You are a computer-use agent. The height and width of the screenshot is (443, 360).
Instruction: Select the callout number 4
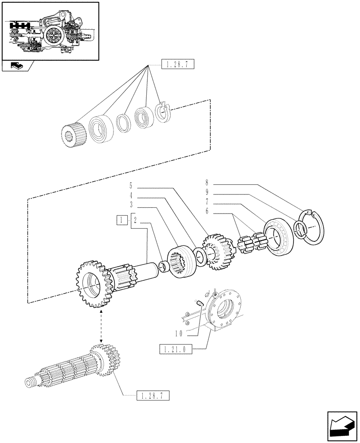[131, 195]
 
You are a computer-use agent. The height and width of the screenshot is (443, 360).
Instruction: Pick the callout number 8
[207, 182]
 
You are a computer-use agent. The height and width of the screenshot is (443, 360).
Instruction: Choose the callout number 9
[207, 193]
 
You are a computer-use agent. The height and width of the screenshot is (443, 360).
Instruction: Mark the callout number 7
[207, 203]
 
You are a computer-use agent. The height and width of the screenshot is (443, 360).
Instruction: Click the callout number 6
[207, 212]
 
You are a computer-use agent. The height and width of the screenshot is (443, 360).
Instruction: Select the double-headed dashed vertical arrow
[102, 327]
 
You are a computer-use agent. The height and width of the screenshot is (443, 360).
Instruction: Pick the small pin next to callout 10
[200, 303]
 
